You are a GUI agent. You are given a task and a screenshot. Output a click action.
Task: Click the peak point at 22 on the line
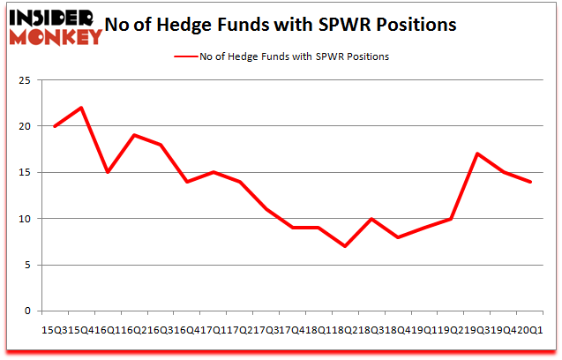[80, 108]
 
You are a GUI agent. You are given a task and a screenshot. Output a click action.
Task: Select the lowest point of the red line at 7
[345, 246]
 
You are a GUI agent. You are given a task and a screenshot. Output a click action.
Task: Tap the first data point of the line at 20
[55, 126]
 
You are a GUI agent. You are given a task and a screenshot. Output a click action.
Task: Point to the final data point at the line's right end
[530, 182]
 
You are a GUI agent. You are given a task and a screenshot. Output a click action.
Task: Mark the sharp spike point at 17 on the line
[477, 154]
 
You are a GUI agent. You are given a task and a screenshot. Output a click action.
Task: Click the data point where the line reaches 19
[133, 135]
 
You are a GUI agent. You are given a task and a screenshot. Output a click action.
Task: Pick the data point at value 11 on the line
[266, 209]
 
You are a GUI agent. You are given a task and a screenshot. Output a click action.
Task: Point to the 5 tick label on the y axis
[28, 265]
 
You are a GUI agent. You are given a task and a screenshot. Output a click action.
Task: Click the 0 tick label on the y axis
[28, 311]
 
